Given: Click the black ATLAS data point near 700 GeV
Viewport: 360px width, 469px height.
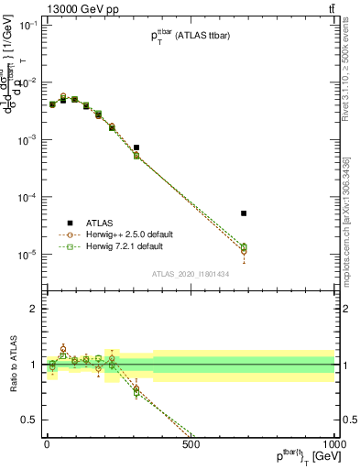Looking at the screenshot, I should point(244,213).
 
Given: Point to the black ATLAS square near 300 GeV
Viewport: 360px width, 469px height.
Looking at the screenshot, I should point(136,147).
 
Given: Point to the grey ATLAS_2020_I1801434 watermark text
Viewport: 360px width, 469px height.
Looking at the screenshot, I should point(191,274).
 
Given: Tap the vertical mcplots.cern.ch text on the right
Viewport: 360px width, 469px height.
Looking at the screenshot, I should point(345,220).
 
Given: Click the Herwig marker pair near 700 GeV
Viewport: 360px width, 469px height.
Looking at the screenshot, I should point(244,248).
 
